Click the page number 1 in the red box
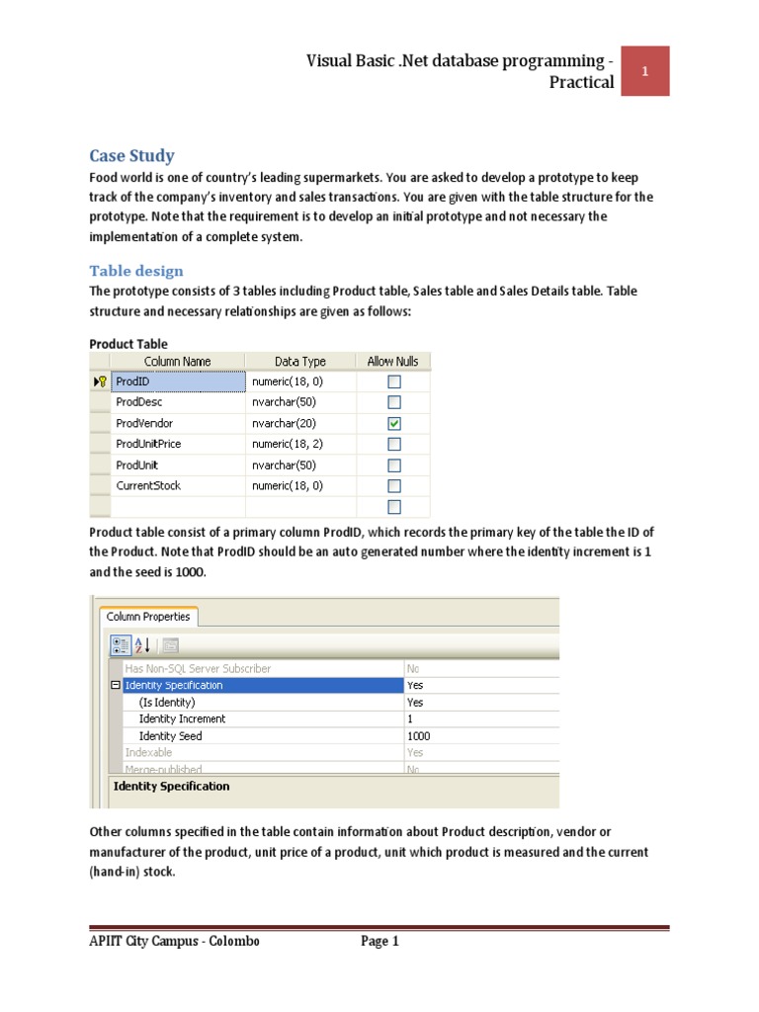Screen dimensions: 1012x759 tap(644, 71)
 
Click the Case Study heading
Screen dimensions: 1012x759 tap(131, 155)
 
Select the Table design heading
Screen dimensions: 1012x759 tap(136, 271)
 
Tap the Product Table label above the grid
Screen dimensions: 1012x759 tap(128, 344)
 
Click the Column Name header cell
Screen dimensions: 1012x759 tap(177, 362)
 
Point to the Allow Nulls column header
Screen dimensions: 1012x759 tap(393, 362)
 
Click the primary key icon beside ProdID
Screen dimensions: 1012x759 tap(100, 381)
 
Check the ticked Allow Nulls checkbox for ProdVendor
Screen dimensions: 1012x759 tap(394, 423)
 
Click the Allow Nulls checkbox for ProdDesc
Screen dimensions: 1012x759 tap(394, 402)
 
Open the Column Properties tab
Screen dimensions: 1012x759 tap(148, 617)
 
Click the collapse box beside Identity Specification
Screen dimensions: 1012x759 tap(116, 685)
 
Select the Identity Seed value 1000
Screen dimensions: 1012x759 tap(419, 736)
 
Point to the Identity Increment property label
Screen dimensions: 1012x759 tap(182, 718)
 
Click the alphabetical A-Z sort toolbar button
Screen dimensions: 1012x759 tap(142, 645)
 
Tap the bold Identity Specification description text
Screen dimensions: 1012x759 tap(172, 787)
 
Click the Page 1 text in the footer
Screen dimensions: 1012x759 tap(379, 942)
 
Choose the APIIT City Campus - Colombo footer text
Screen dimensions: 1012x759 tap(174, 942)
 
